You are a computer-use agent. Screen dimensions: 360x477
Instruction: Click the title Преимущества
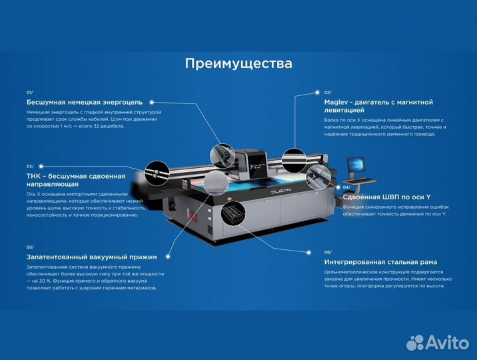click(x=238, y=64)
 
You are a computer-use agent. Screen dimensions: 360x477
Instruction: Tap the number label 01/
click(x=30, y=92)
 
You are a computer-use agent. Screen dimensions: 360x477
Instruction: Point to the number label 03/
click(x=30, y=166)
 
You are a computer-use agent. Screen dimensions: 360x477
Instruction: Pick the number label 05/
click(x=30, y=247)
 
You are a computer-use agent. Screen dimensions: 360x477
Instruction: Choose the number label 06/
click(x=327, y=252)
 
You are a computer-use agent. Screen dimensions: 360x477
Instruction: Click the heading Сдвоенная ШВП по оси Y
click(x=386, y=197)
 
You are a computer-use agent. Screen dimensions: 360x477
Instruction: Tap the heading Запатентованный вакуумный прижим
click(x=92, y=257)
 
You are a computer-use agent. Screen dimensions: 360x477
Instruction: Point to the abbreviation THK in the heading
click(x=34, y=176)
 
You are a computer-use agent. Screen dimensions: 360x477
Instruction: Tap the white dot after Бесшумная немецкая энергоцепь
click(x=152, y=102)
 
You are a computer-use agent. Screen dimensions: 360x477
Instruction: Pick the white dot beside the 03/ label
click(x=41, y=166)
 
